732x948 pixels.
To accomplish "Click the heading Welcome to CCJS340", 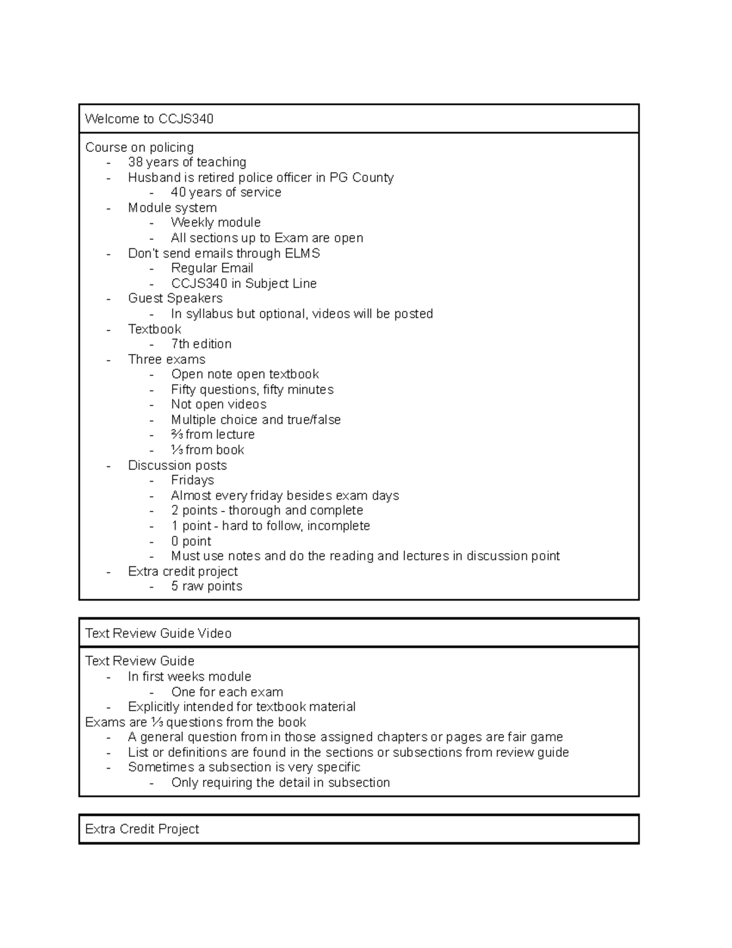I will (x=149, y=119).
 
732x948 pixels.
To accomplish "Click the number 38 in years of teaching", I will (x=135, y=162).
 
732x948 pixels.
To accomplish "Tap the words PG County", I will (x=361, y=178).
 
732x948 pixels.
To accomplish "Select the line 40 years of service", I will (x=226, y=192).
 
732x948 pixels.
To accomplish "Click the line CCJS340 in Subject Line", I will (x=243, y=284).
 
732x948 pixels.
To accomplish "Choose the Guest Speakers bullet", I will (x=175, y=299).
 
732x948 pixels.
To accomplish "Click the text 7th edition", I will (x=201, y=344).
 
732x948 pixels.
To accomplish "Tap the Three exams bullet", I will (x=167, y=360).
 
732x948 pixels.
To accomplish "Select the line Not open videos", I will (x=218, y=405).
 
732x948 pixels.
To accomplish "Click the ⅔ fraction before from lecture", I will (x=177, y=435).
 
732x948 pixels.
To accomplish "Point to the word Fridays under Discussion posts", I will (x=192, y=480).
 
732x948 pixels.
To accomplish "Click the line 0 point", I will (x=191, y=541).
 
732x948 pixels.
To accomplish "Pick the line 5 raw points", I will (x=206, y=587).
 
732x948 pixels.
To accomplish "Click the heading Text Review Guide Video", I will (x=158, y=634).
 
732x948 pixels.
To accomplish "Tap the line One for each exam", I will (x=227, y=692).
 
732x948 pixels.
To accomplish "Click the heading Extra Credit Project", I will (x=142, y=829).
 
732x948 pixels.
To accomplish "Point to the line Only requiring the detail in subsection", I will (x=280, y=783).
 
